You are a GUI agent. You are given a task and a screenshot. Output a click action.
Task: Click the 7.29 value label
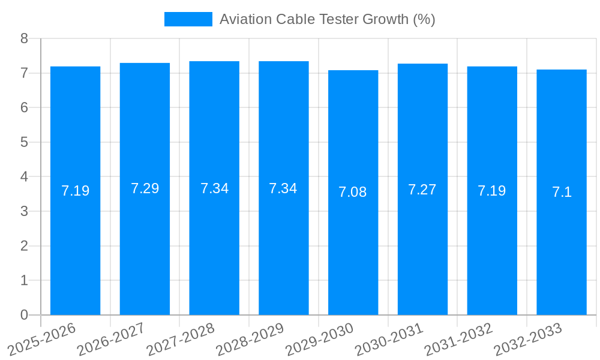(145, 188)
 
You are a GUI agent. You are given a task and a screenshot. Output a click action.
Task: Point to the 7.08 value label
(353, 192)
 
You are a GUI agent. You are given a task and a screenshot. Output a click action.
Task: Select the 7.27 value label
(422, 190)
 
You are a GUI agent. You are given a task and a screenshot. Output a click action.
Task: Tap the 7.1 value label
(562, 192)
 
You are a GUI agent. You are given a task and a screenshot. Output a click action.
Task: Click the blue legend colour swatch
(188, 19)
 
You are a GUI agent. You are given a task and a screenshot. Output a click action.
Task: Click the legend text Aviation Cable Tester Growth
(327, 19)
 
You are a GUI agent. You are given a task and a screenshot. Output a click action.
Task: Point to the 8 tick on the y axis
(24, 39)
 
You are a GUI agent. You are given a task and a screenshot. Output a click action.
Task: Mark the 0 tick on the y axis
(24, 315)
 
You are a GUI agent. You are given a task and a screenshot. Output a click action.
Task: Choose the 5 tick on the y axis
(24, 142)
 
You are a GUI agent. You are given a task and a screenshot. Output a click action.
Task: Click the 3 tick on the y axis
(24, 211)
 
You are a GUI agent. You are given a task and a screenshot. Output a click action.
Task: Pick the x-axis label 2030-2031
(389, 338)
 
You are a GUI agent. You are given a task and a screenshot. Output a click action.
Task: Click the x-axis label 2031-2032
(459, 338)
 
